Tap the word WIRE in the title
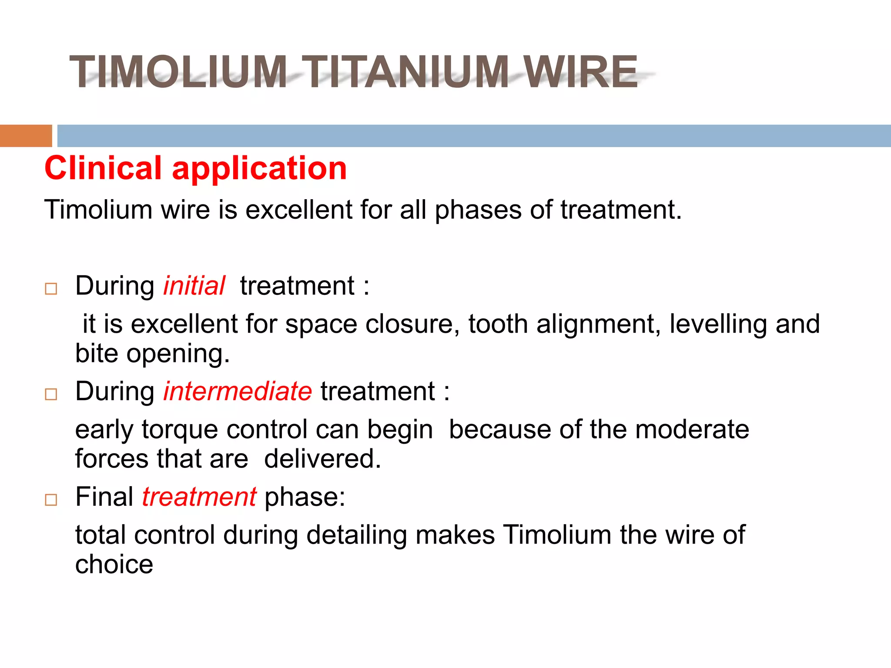tap(580, 72)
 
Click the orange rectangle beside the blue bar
tap(26, 136)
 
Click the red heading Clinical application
tap(195, 168)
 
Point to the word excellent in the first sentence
tap(299, 210)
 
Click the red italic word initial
tap(194, 286)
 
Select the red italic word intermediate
tap(238, 391)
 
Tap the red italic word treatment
tap(199, 497)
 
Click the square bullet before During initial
tap(51, 289)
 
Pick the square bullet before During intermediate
tap(51, 394)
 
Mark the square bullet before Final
tap(51, 500)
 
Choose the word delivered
tap(322, 459)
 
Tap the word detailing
tap(357, 535)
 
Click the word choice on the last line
tap(114, 564)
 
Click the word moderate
tap(692, 430)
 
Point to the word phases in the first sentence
tap(478, 210)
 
